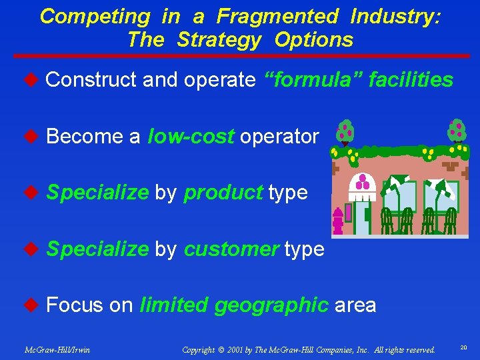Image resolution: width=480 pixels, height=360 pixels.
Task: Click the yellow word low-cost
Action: tap(191, 137)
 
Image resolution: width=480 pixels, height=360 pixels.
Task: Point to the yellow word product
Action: tap(223, 193)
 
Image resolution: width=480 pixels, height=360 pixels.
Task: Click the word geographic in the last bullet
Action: tap(272, 305)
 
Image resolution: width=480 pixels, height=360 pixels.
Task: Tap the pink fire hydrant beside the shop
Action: tap(338, 220)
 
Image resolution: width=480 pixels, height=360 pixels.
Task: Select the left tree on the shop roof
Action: tap(345, 132)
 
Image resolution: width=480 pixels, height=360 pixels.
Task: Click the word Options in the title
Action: tap(313, 39)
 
